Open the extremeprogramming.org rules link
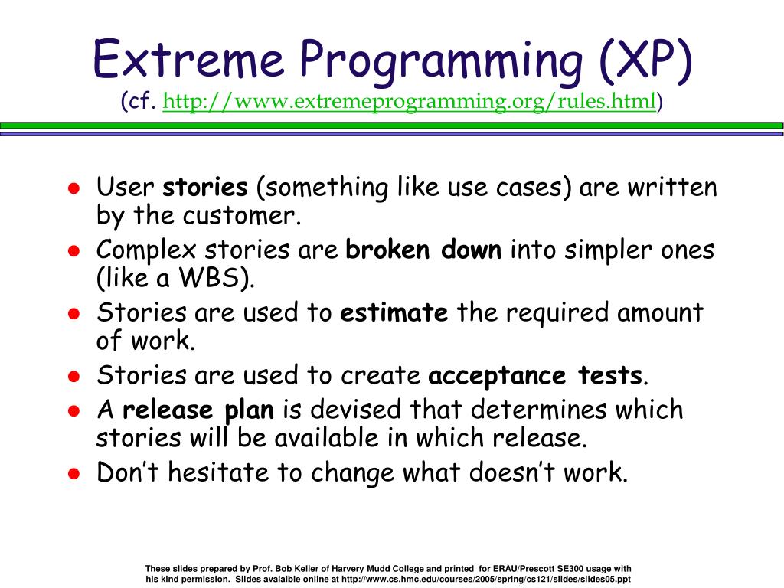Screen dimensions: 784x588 pyautogui.click(x=409, y=102)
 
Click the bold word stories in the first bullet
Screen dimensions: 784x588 pyautogui.click(x=205, y=187)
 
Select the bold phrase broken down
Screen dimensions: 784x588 pyautogui.click(x=423, y=249)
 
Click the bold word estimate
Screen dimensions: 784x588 pyautogui.click(x=394, y=312)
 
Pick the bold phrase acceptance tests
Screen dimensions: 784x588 pyautogui.click(x=535, y=375)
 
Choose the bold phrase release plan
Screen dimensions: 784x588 pyautogui.click(x=198, y=410)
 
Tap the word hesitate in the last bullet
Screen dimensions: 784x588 pyautogui.click(x=218, y=472)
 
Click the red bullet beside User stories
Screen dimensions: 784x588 pyautogui.click(x=74, y=188)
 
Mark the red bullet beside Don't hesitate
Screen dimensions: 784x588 pyautogui.click(x=74, y=473)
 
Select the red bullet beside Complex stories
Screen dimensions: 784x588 pyautogui.click(x=74, y=250)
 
